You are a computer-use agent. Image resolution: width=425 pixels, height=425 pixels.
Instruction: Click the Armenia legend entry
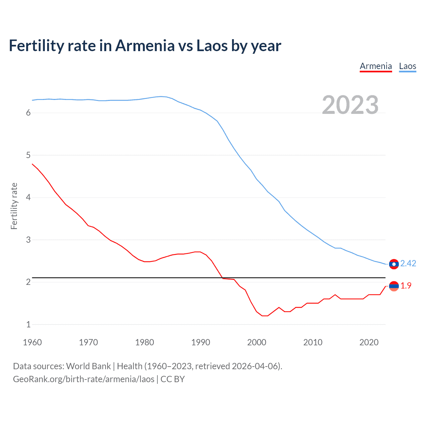tap(376, 66)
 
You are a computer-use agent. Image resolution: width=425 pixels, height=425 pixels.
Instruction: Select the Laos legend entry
tap(407, 66)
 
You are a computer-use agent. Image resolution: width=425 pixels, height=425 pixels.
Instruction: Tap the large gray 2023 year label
tap(350, 105)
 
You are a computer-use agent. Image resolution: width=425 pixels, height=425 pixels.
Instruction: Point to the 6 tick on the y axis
tap(28, 113)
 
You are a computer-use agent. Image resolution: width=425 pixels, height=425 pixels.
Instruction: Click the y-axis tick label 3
tap(28, 240)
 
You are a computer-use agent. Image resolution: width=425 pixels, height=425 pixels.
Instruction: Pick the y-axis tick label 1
tap(28, 324)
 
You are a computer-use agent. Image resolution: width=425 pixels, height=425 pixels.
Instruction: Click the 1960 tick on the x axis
tap(32, 342)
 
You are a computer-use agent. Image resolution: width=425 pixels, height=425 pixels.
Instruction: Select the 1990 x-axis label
tap(201, 342)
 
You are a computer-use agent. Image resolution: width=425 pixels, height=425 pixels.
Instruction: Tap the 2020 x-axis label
tap(369, 342)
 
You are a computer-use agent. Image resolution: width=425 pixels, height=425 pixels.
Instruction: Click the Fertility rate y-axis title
tap(14, 206)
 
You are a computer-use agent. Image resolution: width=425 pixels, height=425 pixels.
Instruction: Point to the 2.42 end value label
tap(408, 263)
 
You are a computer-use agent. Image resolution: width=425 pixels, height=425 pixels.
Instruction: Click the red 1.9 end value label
tap(406, 286)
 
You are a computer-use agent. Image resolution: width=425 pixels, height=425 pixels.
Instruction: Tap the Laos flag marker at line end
tap(394, 264)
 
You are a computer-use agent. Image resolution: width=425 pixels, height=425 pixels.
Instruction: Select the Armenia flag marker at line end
tap(394, 286)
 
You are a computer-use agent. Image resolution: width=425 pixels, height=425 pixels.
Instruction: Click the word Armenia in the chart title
tap(145, 45)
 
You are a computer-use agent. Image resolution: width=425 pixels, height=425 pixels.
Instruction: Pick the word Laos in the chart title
tap(212, 45)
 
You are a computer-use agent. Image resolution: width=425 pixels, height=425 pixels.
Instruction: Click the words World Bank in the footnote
tap(88, 366)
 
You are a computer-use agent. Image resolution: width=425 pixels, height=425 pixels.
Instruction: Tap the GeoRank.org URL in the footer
tap(84, 379)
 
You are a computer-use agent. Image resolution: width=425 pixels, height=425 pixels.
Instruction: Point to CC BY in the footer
tap(173, 379)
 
